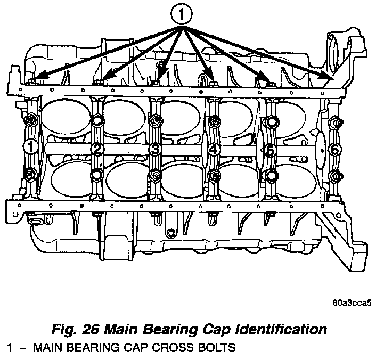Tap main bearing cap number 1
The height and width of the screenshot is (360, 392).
tap(31, 146)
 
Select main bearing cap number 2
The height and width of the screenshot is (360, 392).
tap(97, 149)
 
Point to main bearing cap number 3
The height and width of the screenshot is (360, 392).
tap(155, 149)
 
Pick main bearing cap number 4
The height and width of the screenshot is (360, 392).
tap(213, 150)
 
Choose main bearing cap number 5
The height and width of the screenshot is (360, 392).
tap(271, 150)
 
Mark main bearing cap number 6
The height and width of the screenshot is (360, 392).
tap(334, 149)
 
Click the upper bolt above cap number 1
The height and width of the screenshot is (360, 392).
tap(30, 119)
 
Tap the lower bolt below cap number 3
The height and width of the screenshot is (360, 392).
tap(156, 175)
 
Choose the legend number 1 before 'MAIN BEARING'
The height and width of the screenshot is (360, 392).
tap(10, 349)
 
